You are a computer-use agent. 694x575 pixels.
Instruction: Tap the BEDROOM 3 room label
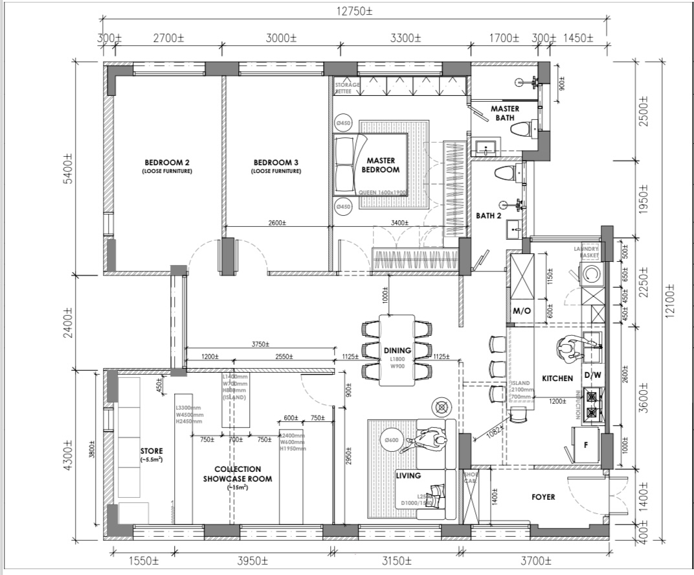pyautogui.click(x=276, y=162)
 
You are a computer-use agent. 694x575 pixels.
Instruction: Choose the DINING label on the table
pyautogui.click(x=397, y=351)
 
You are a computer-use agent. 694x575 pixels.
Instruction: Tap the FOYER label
pyautogui.click(x=543, y=497)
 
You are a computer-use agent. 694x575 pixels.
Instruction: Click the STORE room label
pyautogui.click(x=151, y=451)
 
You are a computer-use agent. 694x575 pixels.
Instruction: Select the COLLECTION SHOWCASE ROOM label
pyautogui.click(x=237, y=474)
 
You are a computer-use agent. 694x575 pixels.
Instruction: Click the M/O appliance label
pyautogui.click(x=522, y=311)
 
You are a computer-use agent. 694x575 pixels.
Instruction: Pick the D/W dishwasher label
pyautogui.click(x=592, y=375)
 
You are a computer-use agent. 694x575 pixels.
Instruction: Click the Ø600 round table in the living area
pyautogui.click(x=391, y=441)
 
